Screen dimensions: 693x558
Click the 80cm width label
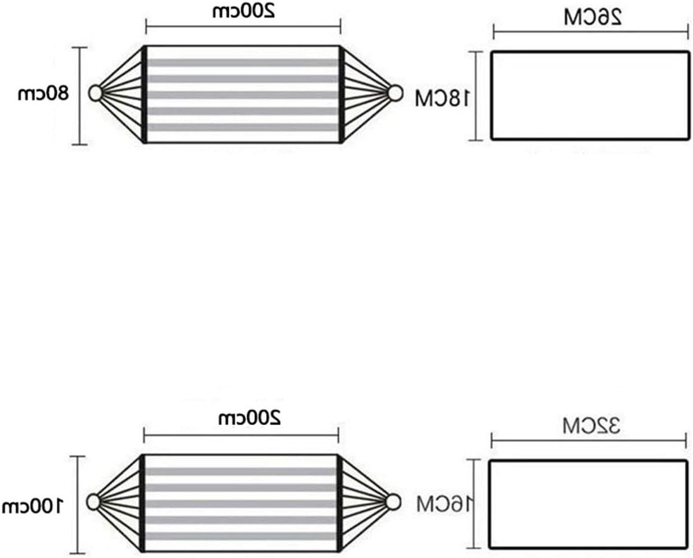(43, 94)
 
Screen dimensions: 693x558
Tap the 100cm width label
(33, 506)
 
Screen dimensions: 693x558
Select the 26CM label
(593, 17)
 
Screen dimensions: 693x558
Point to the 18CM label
(442, 98)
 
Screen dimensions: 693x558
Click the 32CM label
(591, 426)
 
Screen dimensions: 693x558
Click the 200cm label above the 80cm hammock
(244, 12)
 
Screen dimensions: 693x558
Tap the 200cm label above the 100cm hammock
(249, 418)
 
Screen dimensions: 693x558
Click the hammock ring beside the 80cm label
(95, 93)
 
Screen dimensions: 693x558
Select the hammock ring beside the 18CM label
(395, 93)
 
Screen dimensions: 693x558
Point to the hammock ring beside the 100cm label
(93, 503)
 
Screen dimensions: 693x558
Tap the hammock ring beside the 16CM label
(393, 502)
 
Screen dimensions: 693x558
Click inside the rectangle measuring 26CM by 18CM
(590, 95)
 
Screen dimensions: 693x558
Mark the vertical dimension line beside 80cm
(80, 96)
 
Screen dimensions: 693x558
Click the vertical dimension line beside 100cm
(77, 505)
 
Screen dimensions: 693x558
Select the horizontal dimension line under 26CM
(591, 32)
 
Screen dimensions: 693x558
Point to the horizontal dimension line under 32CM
(588, 440)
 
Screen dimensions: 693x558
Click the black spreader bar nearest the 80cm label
(144, 94)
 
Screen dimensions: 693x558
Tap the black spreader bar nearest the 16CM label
(339, 503)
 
